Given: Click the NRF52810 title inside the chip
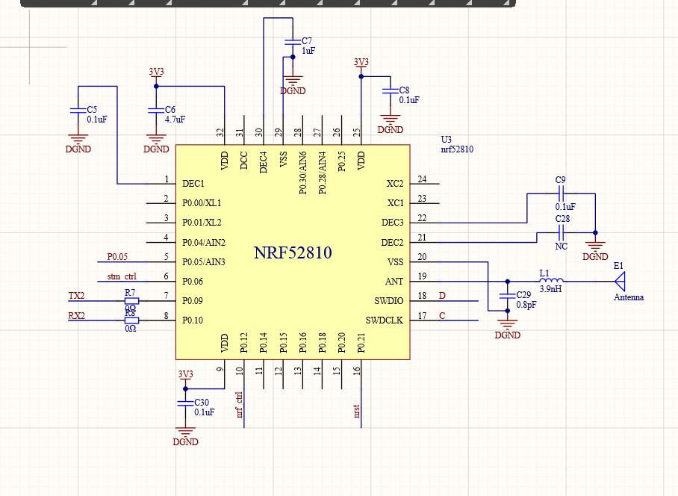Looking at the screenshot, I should [x=293, y=252].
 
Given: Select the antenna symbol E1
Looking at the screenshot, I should [x=618, y=282].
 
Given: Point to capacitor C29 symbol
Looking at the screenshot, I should [x=508, y=295].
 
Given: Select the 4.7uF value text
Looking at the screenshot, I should [x=175, y=119].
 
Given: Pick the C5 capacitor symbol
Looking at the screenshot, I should [x=77, y=110].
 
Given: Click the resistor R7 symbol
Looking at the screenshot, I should [x=131, y=301].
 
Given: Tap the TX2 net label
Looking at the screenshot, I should [x=77, y=296].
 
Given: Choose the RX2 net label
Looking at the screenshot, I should [x=77, y=315].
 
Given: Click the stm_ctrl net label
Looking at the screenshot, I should [x=123, y=276].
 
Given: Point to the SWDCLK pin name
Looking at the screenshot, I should [x=384, y=320].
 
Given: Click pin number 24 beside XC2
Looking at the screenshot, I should [x=422, y=179].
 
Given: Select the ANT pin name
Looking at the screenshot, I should [x=394, y=282].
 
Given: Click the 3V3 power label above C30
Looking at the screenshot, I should [x=185, y=374].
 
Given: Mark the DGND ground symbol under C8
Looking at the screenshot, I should [x=390, y=120].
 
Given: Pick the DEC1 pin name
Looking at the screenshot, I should [x=193, y=184].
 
